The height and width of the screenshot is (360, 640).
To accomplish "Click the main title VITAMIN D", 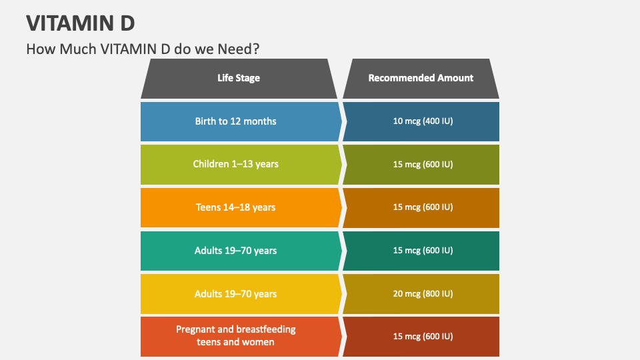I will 81,23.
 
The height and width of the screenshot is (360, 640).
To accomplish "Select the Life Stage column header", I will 239,78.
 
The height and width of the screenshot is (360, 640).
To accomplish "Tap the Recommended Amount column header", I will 421,78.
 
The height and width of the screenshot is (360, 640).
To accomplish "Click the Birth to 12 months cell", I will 235,121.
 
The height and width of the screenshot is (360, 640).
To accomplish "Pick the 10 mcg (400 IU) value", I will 423,121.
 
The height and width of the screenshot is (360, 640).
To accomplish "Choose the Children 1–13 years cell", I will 235,164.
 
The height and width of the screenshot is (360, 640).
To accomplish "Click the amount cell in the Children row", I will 423,164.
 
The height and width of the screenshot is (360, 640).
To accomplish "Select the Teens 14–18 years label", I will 235,207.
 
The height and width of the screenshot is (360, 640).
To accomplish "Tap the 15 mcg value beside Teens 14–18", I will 423,207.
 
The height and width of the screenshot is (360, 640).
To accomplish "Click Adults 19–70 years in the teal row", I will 235,251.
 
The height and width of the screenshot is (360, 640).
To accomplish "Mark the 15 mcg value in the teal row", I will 423,251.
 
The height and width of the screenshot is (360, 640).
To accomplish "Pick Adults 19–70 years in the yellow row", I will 235,294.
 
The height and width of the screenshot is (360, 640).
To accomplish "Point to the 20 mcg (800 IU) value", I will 423,294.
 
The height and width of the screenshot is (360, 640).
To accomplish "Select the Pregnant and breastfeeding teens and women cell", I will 235,336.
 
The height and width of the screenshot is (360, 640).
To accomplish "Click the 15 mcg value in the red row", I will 423,336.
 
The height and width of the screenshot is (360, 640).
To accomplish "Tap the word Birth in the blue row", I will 206,121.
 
